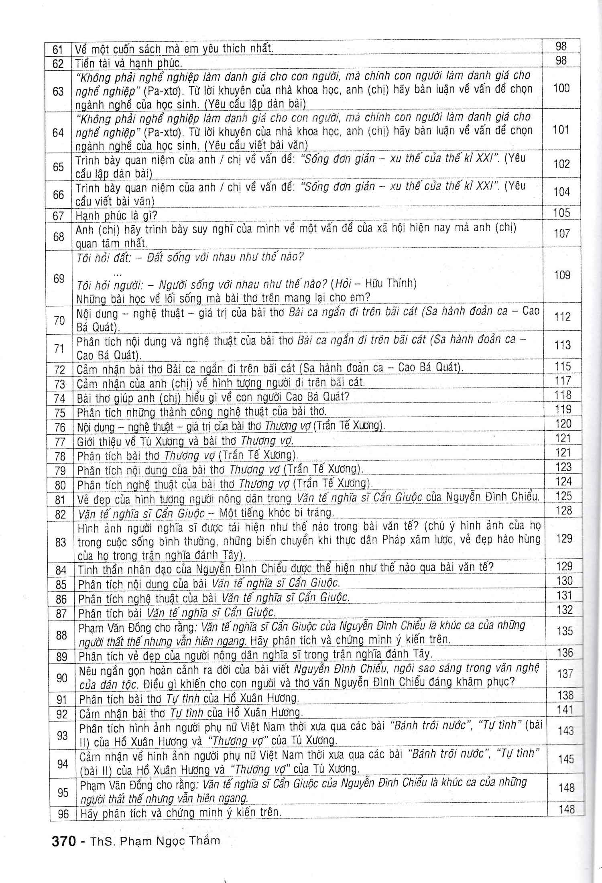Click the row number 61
(x=58, y=50)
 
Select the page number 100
(x=561, y=88)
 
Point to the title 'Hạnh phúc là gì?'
(x=116, y=216)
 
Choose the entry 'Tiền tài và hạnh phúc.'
(x=129, y=63)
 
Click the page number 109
(x=562, y=275)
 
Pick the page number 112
(x=562, y=317)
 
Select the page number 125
(x=563, y=496)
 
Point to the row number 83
(x=60, y=542)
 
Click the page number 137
(x=565, y=674)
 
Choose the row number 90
(x=61, y=678)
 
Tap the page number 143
(x=565, y=731)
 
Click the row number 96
(x=63, y=814)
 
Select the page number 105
(x=562, y=213)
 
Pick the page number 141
(x=565, y=710)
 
